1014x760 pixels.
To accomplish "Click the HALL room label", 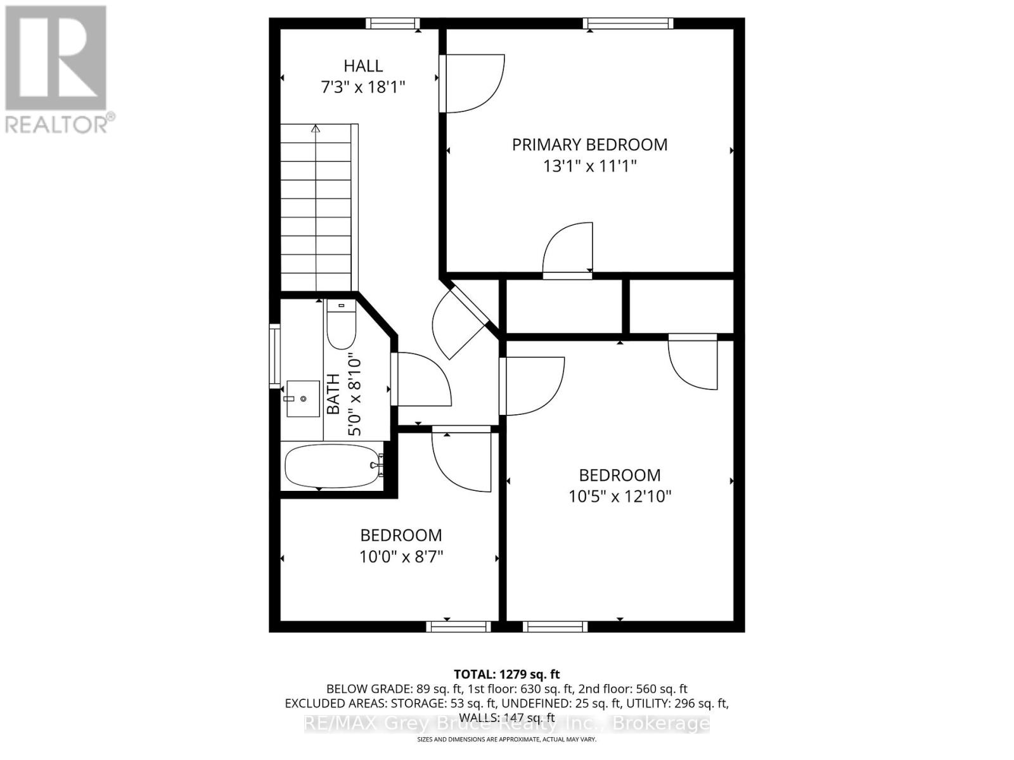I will (x=363, y=66).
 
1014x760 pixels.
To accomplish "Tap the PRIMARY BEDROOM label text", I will (x=589, y=144).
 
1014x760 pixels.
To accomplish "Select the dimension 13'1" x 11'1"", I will (x=589, y=167).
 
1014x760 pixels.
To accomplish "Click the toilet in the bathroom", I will (x=341, y=326).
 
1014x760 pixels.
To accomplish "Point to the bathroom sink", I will (x=303, y=398).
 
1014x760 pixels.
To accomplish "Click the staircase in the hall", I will (x=316, y=209).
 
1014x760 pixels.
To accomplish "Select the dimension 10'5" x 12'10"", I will (x=619, y=496).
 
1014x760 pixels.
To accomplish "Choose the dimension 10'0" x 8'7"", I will (x=401, y=557).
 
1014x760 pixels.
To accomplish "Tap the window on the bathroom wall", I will (x=274, y=356).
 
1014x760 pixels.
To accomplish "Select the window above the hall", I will (x=393, y=23).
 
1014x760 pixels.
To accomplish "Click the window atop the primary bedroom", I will (x=627, y=23).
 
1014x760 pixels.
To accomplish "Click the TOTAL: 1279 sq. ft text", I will (x=506, y=674).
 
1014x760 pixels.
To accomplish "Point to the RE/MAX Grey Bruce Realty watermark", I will (x=506, y=723).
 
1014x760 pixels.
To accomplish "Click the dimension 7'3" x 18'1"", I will (x=363, y=87).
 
